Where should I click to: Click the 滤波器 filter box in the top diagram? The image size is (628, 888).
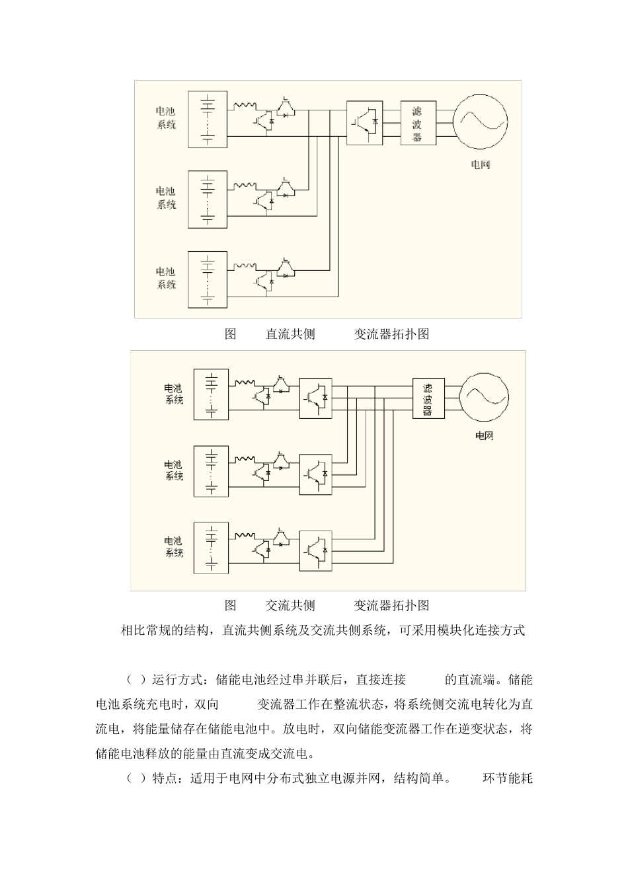[417, 123]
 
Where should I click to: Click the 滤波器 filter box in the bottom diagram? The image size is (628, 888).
[428, 398]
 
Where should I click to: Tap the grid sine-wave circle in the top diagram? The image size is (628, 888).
[480, 123]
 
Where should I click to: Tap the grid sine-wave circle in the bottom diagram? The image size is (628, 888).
[485, 398]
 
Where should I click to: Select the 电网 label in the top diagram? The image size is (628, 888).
[481, 165]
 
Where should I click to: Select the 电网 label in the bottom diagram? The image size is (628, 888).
[485, 436]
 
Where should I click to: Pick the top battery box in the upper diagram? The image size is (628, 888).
[207, 118]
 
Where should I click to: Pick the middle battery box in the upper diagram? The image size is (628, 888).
[207, 199]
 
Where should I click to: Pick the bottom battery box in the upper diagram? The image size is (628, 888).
[207, 279]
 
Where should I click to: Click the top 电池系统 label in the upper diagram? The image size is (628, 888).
[167, 118]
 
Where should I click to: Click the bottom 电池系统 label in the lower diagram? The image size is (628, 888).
[174, 547]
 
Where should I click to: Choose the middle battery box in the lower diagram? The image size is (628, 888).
[211, 471]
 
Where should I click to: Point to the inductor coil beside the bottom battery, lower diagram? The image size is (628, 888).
[245, 535]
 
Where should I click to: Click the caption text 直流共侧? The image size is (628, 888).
[290, 334]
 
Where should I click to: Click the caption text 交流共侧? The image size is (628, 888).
[290, 605]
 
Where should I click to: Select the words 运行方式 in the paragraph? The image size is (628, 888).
[177, 680]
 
